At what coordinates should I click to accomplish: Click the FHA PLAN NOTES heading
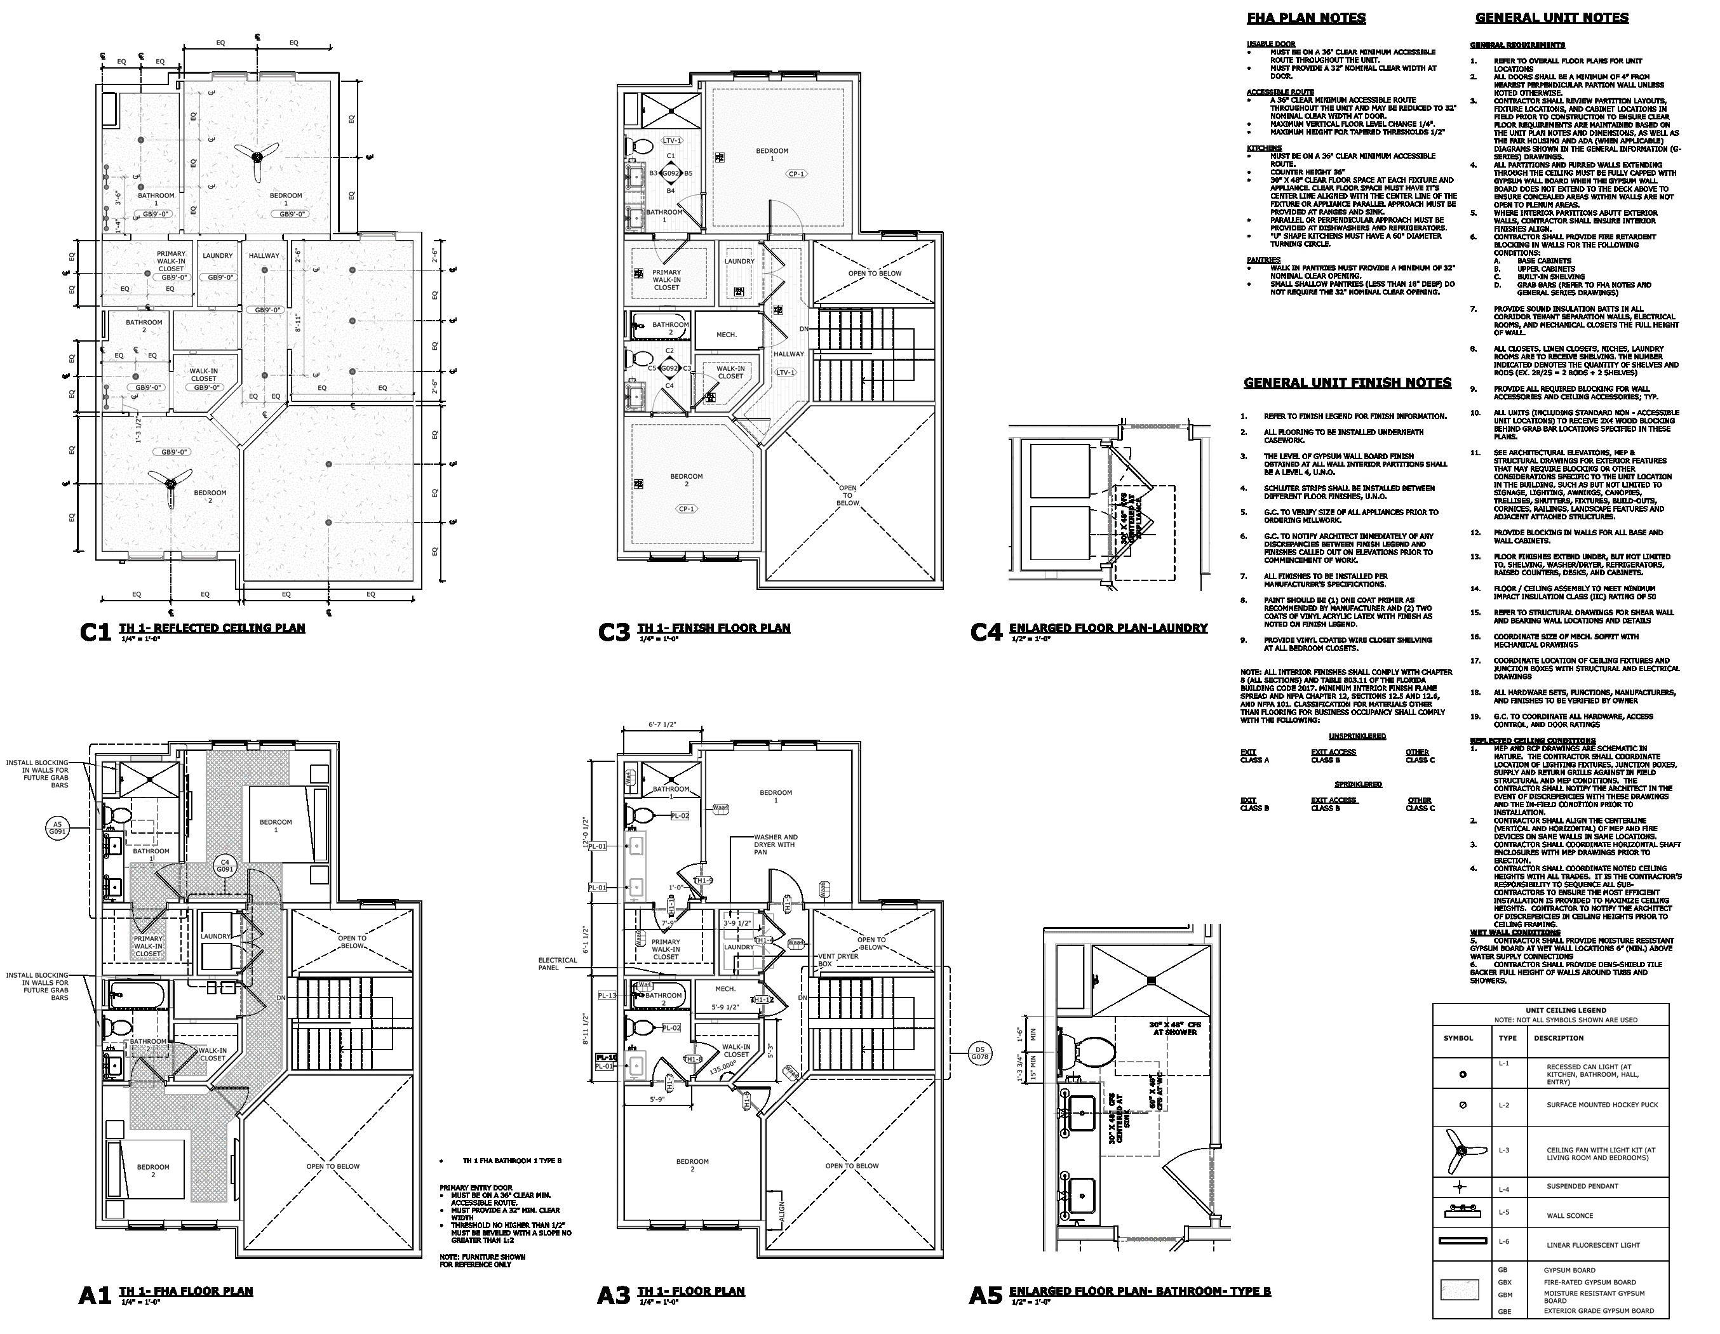(x=1306, y=18)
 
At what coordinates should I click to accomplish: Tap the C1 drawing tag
(x=95, y=632)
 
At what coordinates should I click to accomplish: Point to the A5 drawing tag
(x=985, y=1295)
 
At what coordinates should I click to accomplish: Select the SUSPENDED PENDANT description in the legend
(x=1582, y=1186)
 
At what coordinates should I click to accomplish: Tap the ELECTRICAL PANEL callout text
(x=558, y=964)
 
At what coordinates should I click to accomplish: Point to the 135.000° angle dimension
(x=722, y=1069)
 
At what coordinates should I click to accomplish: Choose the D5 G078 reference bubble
(x=979, y=1053)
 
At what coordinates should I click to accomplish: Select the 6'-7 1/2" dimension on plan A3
(x=662, y=724)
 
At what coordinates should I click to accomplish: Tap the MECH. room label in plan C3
(x=726, y=335)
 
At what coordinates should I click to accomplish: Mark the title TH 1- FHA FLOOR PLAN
(x=186, y=1291)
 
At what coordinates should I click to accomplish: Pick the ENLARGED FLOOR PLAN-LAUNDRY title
(x=1108, y=627)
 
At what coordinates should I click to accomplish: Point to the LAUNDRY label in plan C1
(x=217, y=255)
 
